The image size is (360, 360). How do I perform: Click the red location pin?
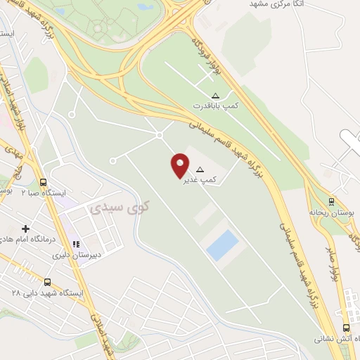click(181, 165)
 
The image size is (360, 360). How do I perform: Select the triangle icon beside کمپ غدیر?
click(200, 169)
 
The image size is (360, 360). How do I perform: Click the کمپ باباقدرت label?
click(217, 107)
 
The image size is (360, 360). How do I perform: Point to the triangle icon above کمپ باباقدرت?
click(215, 96)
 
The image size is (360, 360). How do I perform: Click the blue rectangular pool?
click(222, 245)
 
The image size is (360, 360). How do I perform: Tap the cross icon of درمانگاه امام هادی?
click(26, 229)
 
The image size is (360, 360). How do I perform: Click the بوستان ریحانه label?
click(330, 211)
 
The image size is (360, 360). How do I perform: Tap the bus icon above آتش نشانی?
click(345, 328)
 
